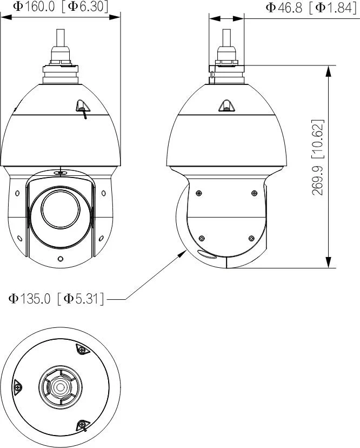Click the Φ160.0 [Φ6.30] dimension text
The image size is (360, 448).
point(61,6)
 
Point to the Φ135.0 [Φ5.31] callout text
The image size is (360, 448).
point(56,298)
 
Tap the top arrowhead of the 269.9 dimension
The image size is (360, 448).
point(328,70)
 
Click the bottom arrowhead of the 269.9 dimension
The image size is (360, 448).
point(328,263)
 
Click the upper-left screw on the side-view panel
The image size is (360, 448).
point(199,194)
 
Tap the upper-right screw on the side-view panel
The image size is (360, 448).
point(254,194)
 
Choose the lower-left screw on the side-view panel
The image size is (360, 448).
point(201,238)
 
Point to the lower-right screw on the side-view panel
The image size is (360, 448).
point(251,238)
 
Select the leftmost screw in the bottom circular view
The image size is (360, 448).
point(18,387)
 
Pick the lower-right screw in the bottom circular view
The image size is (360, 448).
point(82,425)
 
